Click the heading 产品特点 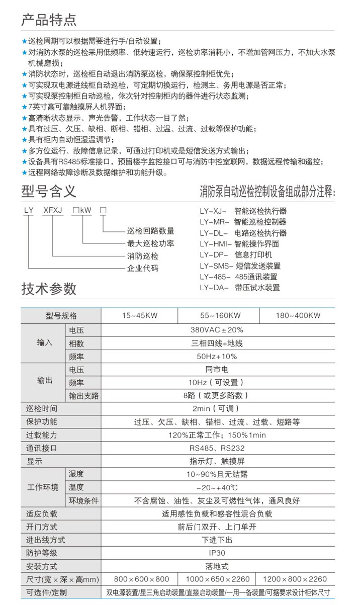click(49, 20)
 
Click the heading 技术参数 click(49, 289)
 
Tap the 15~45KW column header click(140, 315)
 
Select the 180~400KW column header click(298, 315)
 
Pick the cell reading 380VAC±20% click(217, 330)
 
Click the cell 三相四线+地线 click(217, 343)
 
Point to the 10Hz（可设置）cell click(217, 382)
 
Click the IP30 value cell click(217, 553)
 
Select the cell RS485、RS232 click(217, 448)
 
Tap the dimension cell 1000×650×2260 click(217, 579)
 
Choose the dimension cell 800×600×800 click(142, 579)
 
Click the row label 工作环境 click(43, 487)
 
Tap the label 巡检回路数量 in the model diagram click(150, 231)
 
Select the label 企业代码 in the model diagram click(142, 268)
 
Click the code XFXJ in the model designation click(53, 211)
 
